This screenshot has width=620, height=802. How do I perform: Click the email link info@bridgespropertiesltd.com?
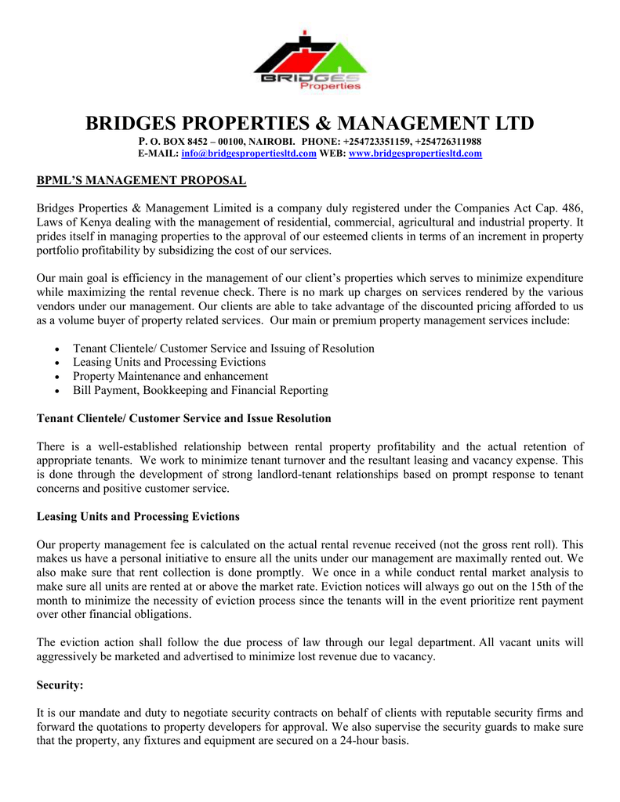[248, 154]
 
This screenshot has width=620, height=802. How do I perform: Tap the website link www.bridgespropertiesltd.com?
[415, 154]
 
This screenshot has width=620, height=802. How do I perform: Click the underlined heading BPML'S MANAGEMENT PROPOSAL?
[142, 182]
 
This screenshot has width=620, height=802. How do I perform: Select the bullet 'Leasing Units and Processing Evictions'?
[169, 362]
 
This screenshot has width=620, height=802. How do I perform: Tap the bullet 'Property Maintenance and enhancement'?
[170, 376]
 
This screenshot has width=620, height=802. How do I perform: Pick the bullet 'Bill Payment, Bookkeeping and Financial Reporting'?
[200, 390]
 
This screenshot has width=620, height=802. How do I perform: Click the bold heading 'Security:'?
[60, 685]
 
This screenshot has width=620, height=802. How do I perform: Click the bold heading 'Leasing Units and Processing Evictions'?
[138, 516]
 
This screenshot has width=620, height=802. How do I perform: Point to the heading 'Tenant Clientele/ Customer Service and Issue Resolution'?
[184, 418]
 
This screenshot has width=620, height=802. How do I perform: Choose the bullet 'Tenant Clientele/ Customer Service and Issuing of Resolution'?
[223, 348]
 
